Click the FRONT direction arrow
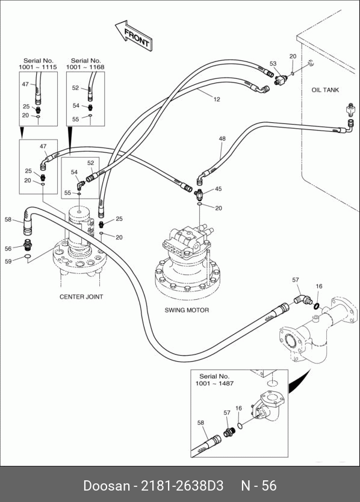coord(134,36)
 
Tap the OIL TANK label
coord(325,90)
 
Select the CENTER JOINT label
coord(81,297)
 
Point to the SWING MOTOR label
coord(187,310)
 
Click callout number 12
coord(217,99)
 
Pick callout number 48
coord(222,138)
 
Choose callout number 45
coord(218,189)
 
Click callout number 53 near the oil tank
coord(273,63)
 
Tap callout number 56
coord(8,249)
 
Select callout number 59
coord(8,261)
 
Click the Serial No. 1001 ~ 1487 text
coord(214,380)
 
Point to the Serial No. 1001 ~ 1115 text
coord(38,64)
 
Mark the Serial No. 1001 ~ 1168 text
coord(85,64)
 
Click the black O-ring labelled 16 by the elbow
coord(317,306)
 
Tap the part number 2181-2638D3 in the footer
coord(182,486)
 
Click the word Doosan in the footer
coord(107,486)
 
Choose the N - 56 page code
coord(258,486)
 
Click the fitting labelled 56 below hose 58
coord(28,244)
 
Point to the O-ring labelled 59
coord(28,256)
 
